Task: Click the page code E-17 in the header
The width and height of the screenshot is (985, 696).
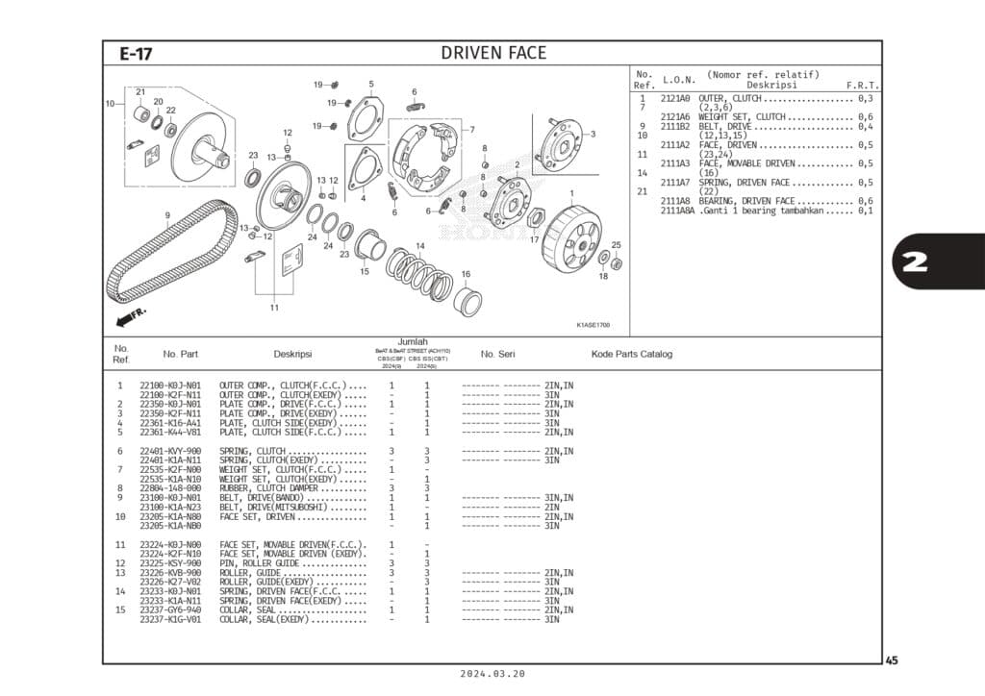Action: pyautogui.click(x=136, y=54)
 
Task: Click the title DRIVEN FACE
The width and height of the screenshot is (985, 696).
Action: pyautogui.click(x=492, y=53)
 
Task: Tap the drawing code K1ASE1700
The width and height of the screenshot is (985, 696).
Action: pyautogui.click(x=593, y=325)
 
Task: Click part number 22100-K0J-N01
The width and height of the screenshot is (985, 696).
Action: pyautogui.click(x=170, y=386)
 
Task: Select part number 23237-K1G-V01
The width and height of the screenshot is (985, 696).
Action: pyautogui.click(x=170, y=619)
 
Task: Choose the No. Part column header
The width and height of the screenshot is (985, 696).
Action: pyautogui.click(x=181, y=354)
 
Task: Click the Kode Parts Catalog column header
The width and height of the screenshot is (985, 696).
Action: pyautogui.click(x=631, y=354)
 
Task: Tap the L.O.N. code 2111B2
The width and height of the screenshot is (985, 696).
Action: pyautogui.click(x=674, y=126)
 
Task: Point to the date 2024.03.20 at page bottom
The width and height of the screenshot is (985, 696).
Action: pyautogui.click(x=492, y=674)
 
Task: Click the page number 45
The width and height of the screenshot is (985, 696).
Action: pyautogui.click(x=892, y=659)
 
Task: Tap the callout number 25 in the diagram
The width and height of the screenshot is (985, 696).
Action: pyautogui.click(x=616, y=245)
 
